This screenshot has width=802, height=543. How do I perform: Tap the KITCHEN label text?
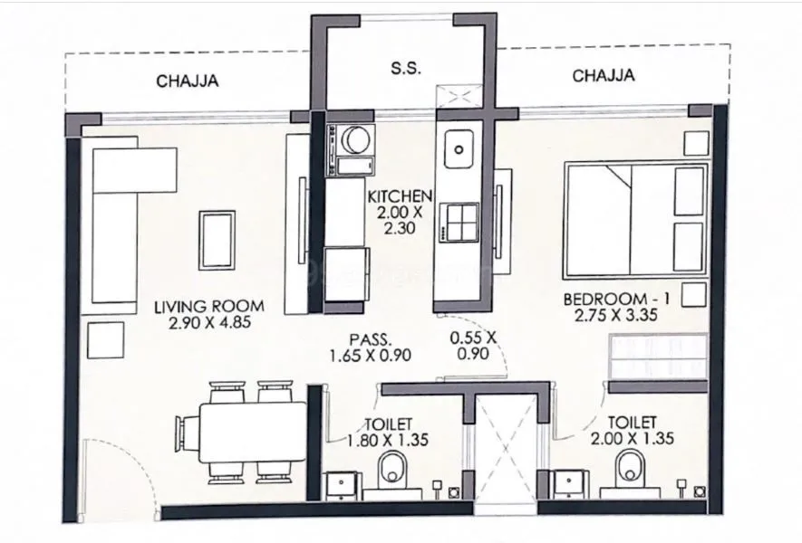pyautogui.click(x=399, y=196)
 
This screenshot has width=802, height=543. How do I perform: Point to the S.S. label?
pyautogui.click(x=405, y=70)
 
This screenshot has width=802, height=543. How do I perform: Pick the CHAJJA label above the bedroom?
pyautogui.click(x=603, y=76)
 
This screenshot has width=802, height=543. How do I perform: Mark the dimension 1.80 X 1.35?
pyautogui.click(x=388, y=441)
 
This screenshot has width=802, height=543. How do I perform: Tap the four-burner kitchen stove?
pyautogui.click(x=459, y=221)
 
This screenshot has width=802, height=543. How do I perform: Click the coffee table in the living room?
pyautogui.click(x=217, y=240)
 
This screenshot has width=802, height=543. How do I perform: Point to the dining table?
pyautogui.click(x=252, y=433)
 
